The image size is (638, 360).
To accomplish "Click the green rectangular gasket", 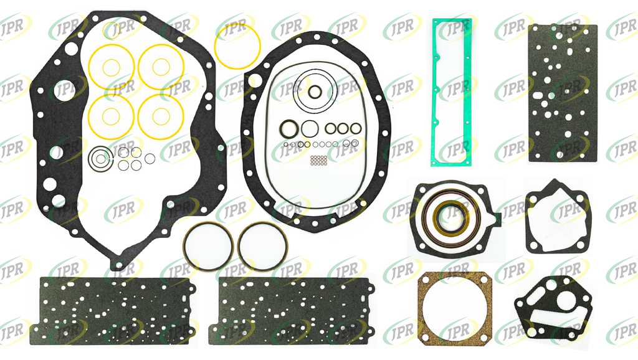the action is click(434, 92).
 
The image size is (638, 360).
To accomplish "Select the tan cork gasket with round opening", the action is click(422, 309).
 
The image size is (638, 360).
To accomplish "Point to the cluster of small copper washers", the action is click(318, 160).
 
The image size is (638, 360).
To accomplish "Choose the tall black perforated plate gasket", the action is click(563, 93).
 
